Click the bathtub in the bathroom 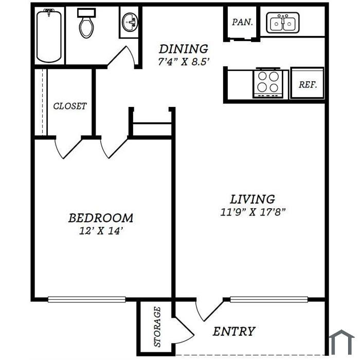click(49, 35)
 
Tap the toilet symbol click(86, 23)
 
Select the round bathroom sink click(130, 22)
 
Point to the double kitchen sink click(283, 23)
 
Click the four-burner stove click(268, 83)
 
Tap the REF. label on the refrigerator click(308, 85)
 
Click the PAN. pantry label click(242, 22)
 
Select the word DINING click(184, 49)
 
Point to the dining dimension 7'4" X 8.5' click(184, 62)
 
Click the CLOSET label click(70, 106)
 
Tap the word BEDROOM click(101, 218)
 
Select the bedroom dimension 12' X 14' click(100, 231)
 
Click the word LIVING click(253, 199)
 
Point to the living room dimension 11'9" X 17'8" click(253, 212)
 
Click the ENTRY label click(234, 331)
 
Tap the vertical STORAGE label click(157, 327)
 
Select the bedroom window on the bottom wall click(87, 299)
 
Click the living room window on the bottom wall click(269, 299)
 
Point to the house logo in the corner click(342, 342)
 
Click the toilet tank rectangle click(86, 12)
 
